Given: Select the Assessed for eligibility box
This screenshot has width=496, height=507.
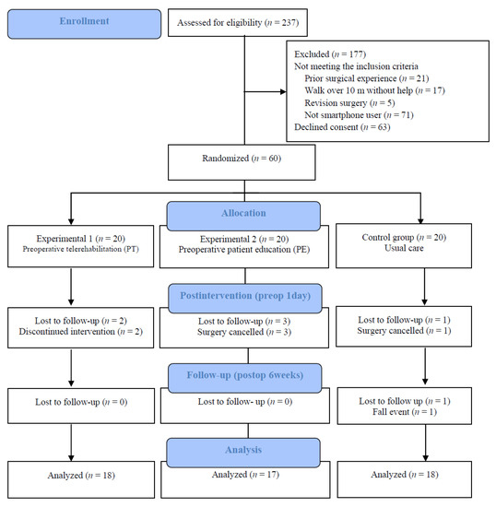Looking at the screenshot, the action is click(x=238, y=23).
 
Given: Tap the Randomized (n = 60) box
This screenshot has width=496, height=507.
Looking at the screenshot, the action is click(x=242, y=162).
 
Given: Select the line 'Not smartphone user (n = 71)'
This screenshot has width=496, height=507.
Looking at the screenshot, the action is click(x=359, y=115).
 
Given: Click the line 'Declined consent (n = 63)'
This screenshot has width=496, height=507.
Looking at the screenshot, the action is click(x=342, y=127).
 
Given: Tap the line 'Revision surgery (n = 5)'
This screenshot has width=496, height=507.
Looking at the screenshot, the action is click(x=349, y=103).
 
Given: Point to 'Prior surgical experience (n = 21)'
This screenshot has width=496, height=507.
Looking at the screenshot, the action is click(x=367, y=78).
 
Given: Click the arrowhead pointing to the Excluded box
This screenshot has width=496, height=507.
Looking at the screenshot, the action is click(x=283, y=92).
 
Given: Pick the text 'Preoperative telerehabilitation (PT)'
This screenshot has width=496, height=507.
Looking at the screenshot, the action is click(x=80, y=249).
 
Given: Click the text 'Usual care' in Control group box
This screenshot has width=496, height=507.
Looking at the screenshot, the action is click(x=404, y=248).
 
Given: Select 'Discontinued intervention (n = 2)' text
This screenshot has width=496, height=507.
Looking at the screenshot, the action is click(x=81, y=332).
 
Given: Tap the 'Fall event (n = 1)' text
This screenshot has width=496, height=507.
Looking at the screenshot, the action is click(x=405, y=412).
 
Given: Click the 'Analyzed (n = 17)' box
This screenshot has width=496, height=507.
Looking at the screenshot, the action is click(x=245, y=479).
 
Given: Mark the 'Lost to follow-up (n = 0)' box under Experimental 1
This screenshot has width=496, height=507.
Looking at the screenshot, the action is click(x=81, y=406).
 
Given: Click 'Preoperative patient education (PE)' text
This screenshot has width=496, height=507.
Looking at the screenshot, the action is click(x=244, y=250).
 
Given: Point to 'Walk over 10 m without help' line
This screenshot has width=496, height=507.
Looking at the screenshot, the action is click(x=359, y=90).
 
